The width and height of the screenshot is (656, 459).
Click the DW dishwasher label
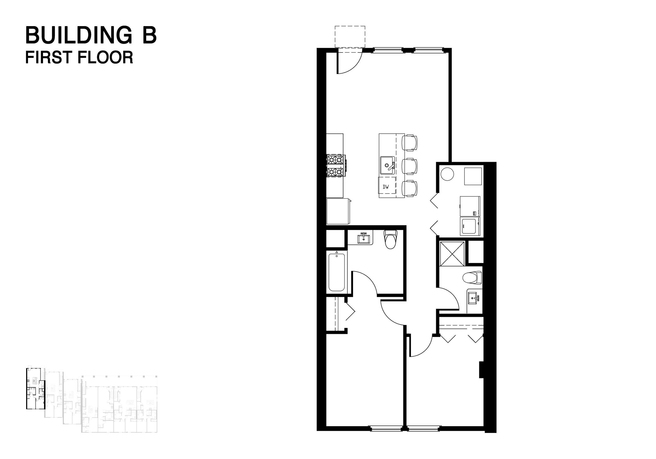[x=386, y=187]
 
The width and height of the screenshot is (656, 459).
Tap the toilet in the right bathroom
[x=472, y=278]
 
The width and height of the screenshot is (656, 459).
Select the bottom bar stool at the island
[x=409, y=189]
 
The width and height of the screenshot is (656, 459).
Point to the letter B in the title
[x=150, y=36]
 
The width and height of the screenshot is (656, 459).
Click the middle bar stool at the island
[x=409, y=166]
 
